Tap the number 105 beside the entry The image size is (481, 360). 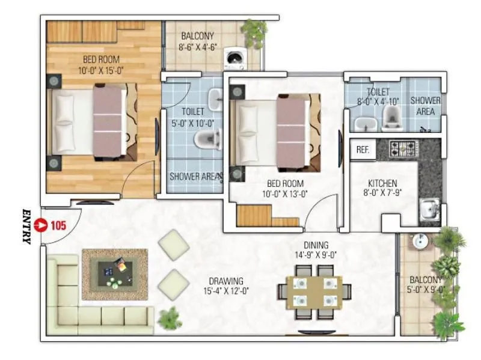(58, 226)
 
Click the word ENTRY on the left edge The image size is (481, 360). (26, 226)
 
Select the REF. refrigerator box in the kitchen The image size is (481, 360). (363, 150)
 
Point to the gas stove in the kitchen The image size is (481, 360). (399, 148)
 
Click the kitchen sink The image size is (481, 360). (429, 209)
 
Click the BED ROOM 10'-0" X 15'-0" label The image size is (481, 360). (101, 64)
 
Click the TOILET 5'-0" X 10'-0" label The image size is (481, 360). (193, 118)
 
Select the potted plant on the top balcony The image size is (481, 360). (255, 28)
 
